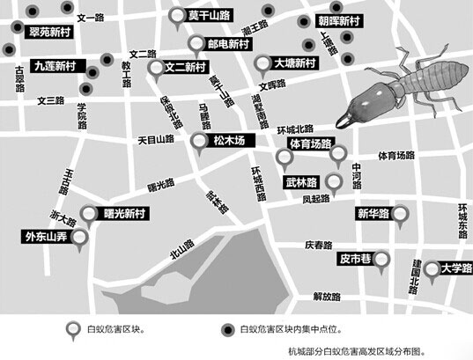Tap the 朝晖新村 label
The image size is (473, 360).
[x=337, y=20]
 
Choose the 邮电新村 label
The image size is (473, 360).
[x=228, y=42]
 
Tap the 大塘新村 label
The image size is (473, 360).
[x=295, y=63]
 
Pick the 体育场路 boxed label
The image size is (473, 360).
[x=310, y=142]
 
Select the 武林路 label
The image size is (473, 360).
[x=300, y=184]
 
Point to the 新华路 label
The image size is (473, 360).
[x=373, y=214]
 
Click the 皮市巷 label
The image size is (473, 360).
[x=357, y=259]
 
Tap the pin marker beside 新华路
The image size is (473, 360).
[x=401, y=214]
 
